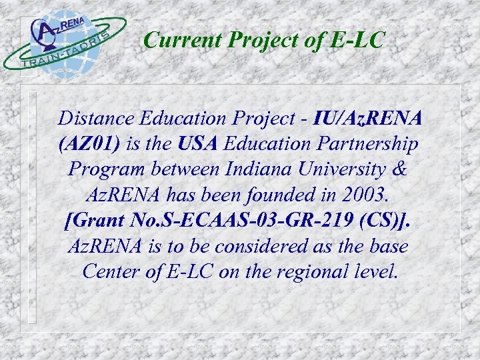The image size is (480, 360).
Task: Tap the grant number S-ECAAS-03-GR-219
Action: tap(247, 220)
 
